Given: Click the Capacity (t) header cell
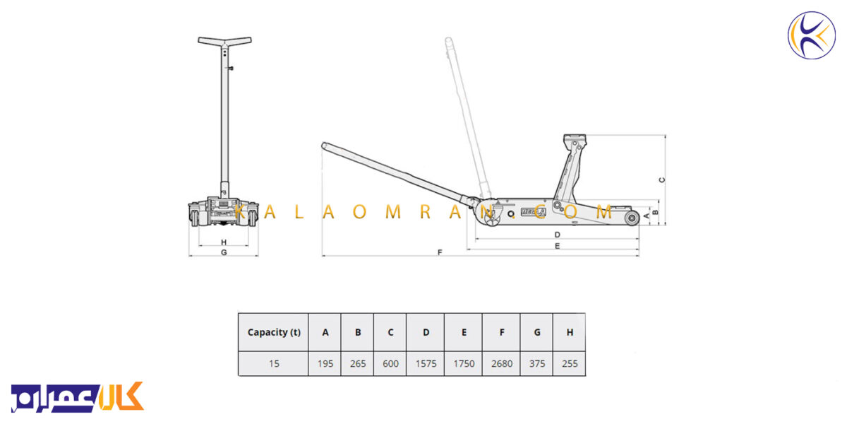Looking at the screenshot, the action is pyautogui.click(x=273, y=332).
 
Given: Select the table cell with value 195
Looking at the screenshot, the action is pyautogui.click(x=325, y=363).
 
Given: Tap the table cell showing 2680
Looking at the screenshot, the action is pyautogui.click(x=501, y=363).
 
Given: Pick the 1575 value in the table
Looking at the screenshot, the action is pyautogui.click(x=426, y=363).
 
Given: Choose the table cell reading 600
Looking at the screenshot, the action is pyautogui.click(x=390, y=363).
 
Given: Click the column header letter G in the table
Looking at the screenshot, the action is pyautogui.click(x=537, y=332).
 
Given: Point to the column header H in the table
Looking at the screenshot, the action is pyautogui.click(x=570, y=332).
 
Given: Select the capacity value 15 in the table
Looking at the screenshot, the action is pyautogui.click(x=274, y=363).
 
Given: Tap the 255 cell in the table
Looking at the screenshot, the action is pyautogui.click(x=570, y=363).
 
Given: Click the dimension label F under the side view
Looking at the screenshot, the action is pyautogui.click(x=440, y=252).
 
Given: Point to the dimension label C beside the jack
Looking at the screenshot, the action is pyautogui.click(x=662, y=179).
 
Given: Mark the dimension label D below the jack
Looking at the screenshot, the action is pyautogui.click(x=557, y=235).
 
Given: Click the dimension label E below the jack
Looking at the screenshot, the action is pyautogui.click(x=557, y=246).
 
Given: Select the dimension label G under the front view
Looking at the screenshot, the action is pyautogui.click(x=224, y=252).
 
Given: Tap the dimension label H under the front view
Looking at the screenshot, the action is pyautogui.click(x=224, y=242).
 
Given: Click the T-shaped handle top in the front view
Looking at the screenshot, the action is pyautogui.click(x=224, y=41).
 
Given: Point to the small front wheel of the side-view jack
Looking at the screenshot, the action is pyautogui.click(x=632, y=218).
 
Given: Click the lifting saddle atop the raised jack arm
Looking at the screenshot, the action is pyautogui.click(x=575, y=139).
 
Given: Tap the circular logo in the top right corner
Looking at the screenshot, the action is pyautogui.click(x=812, y=35).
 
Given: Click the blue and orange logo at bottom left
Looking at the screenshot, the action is pyautogui.click(x=78, y=397).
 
